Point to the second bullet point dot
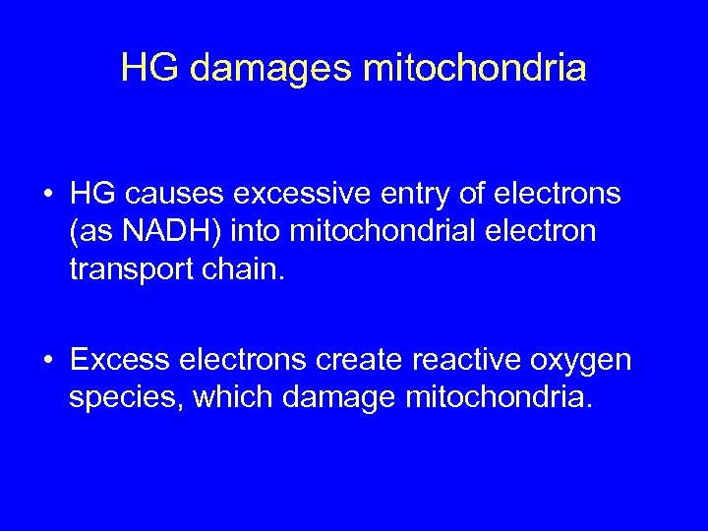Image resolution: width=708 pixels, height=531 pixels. pos(48,361)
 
